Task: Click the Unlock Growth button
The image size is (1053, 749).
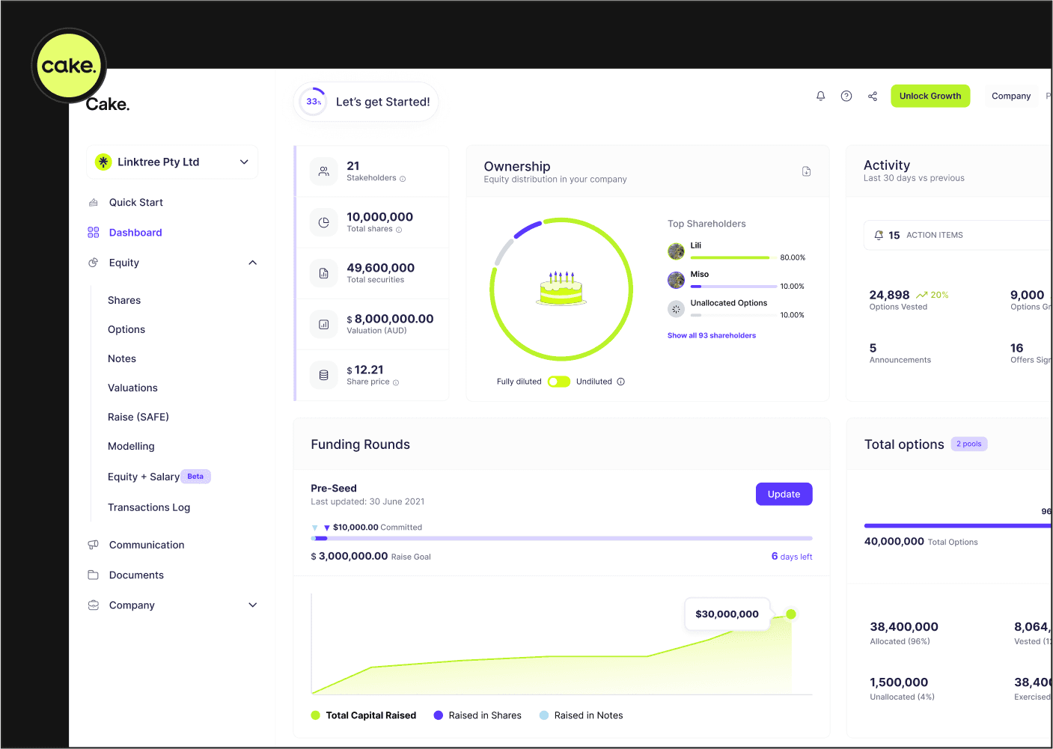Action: (930, 96)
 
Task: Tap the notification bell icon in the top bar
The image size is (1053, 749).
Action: (820, 96)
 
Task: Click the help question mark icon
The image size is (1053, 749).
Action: (846, 96)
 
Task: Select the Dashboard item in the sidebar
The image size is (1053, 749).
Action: (135, 232)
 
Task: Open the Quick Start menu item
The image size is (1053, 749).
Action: (136, 202)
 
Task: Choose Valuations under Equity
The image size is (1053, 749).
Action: (132, 388)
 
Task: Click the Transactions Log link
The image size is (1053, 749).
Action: (148, 507)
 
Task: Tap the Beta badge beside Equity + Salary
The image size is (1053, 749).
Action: (195, 476)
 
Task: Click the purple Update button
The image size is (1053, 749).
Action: (784, 494)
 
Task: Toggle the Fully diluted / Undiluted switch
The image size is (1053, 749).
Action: (559, 382)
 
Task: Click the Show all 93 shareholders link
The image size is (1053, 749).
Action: (711, 335)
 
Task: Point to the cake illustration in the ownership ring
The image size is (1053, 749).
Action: (561, 288)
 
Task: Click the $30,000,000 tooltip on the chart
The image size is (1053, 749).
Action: (727, 614)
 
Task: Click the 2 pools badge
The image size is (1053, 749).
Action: (969, 444)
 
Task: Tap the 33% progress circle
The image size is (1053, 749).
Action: (313, 101)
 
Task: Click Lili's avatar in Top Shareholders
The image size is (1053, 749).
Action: (676, 251)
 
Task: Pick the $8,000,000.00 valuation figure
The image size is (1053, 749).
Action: (390, 319)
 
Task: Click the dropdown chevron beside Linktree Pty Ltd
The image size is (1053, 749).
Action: (244, 162)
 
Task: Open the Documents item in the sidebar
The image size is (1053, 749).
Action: (136, 575)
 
